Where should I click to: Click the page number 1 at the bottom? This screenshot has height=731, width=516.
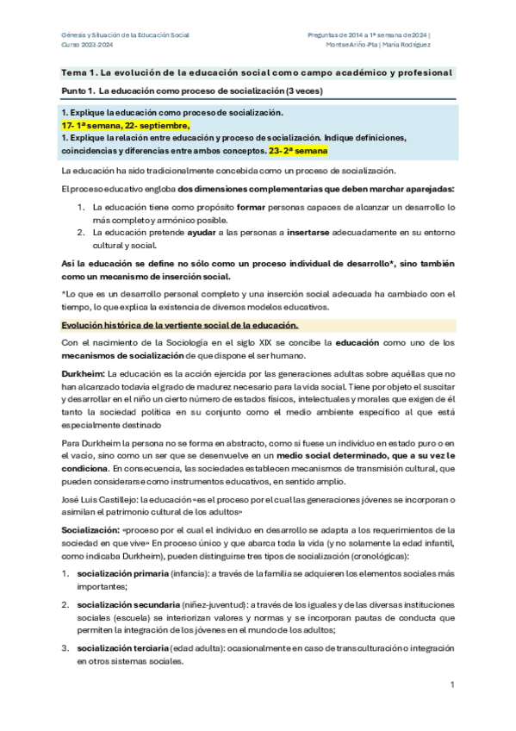[452, 684]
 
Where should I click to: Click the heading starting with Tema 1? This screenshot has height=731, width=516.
[256, 72]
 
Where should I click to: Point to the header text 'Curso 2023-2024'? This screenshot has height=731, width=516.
[87, 44]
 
